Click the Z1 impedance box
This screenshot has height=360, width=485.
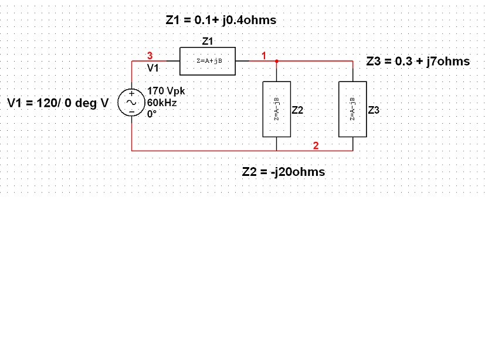pos(207,61)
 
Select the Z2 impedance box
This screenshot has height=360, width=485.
pos(276,109)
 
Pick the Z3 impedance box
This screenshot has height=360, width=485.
pos(352,109)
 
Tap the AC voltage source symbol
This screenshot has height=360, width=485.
pos(132,103)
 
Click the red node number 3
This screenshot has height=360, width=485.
pos(150,56)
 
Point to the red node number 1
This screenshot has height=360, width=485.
pos(264,56)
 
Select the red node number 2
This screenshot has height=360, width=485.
pos(316,145)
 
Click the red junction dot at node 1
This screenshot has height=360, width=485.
pos(276,60)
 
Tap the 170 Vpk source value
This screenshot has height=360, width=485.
pos(166,91)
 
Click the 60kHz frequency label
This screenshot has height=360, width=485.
pos(162,103)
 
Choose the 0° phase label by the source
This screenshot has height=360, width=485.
pos(152,114)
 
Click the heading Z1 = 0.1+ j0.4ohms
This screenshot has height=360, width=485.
pos(221,20)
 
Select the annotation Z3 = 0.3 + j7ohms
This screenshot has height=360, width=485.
pos(418,61)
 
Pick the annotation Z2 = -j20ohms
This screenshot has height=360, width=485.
pos(283,172)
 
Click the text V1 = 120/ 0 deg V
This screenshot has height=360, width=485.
pos(58,103)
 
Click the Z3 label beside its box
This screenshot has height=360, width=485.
pos(374,110)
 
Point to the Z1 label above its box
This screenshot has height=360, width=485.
pos(207,41)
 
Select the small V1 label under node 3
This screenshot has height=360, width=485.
pos(152,68)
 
